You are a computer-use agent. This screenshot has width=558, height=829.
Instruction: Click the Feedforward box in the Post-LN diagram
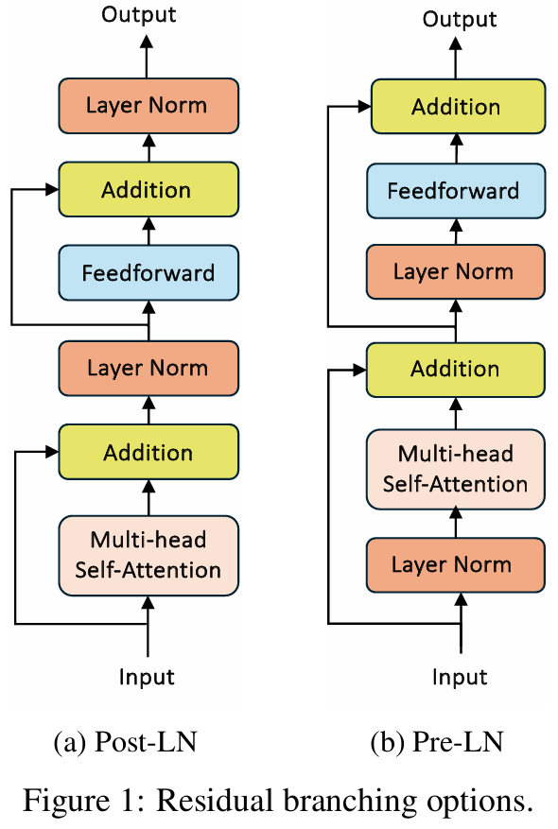coord(148,273)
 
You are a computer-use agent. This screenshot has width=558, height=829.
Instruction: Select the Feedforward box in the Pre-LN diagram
coord(456,191)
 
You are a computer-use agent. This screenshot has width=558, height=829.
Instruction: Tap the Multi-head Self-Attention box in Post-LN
coord(148,556)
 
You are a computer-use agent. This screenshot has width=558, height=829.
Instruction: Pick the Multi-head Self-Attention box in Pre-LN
coord(456,470)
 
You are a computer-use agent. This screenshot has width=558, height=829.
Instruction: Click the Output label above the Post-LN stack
coord(139,15)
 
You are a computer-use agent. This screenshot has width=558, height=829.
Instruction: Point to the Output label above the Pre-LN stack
coord(459,20)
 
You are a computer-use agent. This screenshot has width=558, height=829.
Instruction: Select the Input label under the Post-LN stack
coord(147,677)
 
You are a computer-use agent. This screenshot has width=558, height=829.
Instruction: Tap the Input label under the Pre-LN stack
coord(460,677)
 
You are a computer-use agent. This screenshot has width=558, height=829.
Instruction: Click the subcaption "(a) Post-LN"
coord(126,742)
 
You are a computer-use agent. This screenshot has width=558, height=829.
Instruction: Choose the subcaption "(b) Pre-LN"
coord(437,742)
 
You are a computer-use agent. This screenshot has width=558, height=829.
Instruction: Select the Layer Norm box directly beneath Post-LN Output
coord(148,106)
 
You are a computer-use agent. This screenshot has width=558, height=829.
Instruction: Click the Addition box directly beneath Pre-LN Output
coord(458,106)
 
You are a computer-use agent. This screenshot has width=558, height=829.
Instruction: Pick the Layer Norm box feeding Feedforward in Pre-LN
coord(456,271)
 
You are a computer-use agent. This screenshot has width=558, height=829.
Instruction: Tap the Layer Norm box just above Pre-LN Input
coord(456,565)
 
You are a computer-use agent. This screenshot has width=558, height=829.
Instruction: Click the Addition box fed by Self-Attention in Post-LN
coord(148,452)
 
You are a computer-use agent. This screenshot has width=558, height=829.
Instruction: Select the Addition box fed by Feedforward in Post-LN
coord(148,189)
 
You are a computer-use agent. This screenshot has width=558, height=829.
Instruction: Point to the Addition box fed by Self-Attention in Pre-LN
coord(456,370)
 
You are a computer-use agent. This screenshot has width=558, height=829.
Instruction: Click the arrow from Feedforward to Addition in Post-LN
coord(148,231)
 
